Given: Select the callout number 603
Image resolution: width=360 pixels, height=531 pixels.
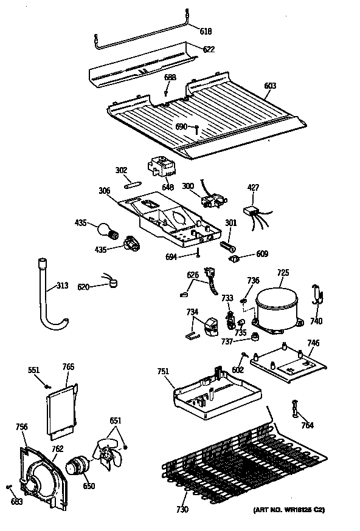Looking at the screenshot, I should [269, 86].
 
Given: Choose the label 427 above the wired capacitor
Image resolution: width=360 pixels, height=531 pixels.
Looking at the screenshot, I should [254, 188].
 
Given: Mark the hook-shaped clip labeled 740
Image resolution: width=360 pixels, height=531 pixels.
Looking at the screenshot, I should [316, 295].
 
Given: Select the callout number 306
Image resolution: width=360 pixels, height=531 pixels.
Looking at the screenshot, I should [105, 191].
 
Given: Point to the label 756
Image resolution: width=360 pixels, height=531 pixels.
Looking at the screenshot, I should [21, 427].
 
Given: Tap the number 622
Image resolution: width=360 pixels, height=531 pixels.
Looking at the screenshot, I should [209, 49].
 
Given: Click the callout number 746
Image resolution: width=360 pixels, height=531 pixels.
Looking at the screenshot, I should [313, 343].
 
